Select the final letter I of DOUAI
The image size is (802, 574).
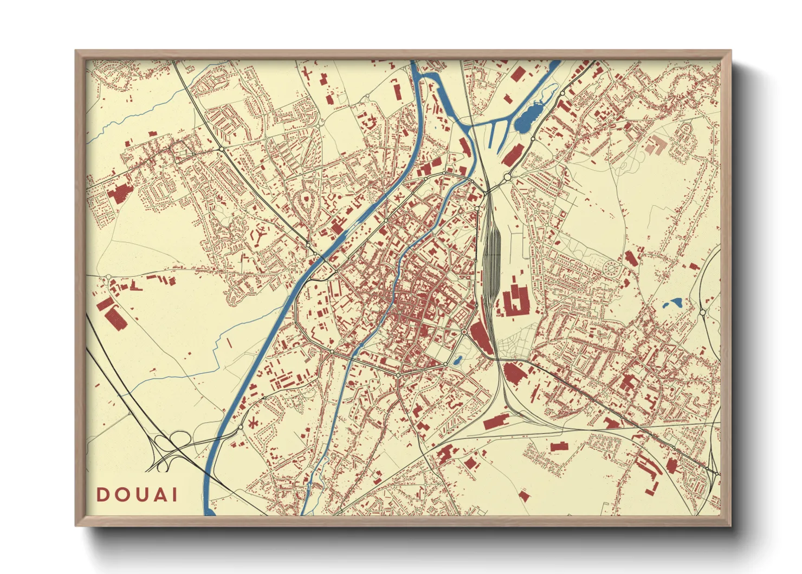click(174, 495)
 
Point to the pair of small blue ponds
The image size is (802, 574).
click(672, 303)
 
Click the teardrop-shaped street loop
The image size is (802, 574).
click(307, 206)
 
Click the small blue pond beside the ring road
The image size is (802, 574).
click(457, 359)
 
